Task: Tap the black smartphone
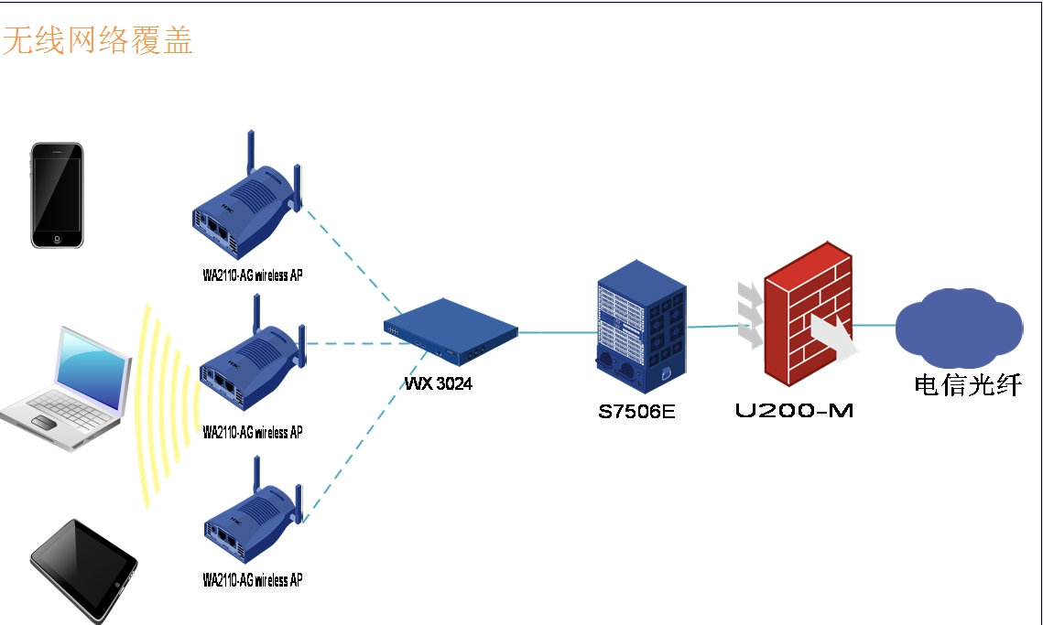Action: pyautogui.click(x=57, y=194)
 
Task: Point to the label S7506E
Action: pyautogui.click(x=636, y=412)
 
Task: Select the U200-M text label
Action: pyautogui.click(x=794, y=411)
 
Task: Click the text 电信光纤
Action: pyautogui.click(x=967, y=385)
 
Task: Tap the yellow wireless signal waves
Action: pyautogui.click(x=165, y=403)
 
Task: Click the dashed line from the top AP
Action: pyautogui.click(x=353, y=258)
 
